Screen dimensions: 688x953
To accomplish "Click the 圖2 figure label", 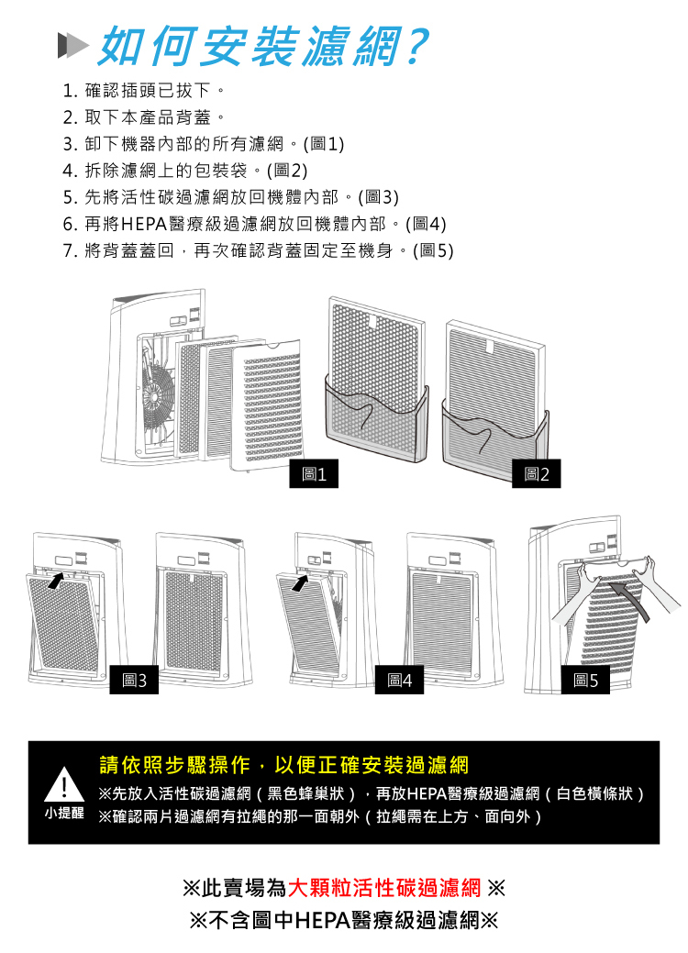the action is [536, 474].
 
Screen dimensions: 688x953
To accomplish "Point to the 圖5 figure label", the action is [584, 681].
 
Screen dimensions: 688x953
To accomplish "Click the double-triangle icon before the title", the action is [72, 45].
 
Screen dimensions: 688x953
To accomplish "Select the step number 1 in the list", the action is [69, 92].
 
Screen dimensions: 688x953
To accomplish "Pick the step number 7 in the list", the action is [69, 250].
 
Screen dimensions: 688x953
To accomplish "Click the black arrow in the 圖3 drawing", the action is [55, 581].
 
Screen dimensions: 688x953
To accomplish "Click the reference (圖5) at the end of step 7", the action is [433, 250].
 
